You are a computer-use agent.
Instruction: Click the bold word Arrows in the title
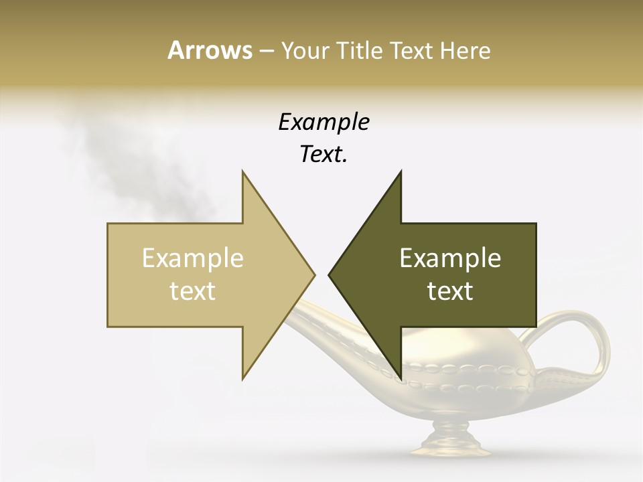point(210,50)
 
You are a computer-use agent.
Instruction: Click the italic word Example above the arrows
point(324,123)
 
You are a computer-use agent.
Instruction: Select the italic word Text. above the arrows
point(324,155)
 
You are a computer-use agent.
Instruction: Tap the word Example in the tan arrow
point(193,258)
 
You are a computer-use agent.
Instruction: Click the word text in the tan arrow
point(193,291)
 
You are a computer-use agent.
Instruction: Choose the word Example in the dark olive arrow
point(450,258)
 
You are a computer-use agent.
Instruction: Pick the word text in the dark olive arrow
point(450,291)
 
